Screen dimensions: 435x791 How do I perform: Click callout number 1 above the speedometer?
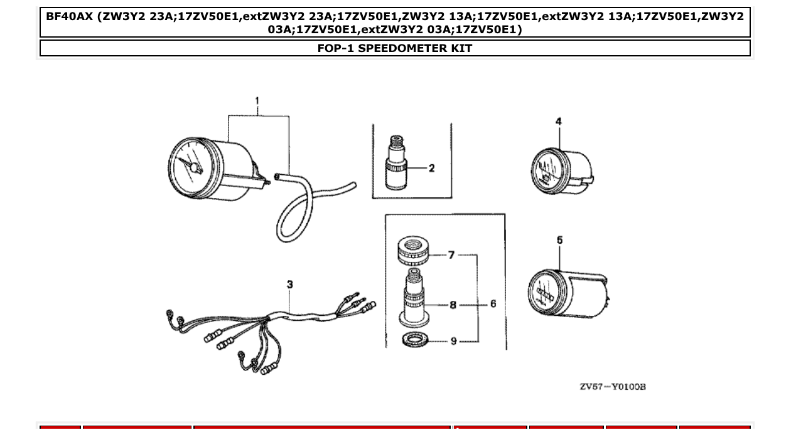pyautogui.click(x=257, y=101)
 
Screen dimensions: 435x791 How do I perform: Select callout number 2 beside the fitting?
pyautogui.click(x=432, y=168)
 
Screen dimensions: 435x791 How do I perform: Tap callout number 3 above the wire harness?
pyautogui.click(x=290, y=285)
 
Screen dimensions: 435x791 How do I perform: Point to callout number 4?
pyautogui.click(x=559, y=122)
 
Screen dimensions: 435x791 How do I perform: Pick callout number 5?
pyautogui.click(x=559, y=240)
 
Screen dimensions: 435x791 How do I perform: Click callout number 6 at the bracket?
pyautogui.click(x=493, y=304)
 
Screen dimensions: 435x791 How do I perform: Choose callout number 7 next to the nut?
pyautogui.click(x=451, y=255)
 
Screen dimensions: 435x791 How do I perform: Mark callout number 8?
pyautogui.click(x=453, y=305)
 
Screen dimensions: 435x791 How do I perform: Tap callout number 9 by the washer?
pyautogui.click(x=453, y=341)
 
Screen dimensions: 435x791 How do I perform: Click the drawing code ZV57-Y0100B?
pyautogui.click(x=612, y=387)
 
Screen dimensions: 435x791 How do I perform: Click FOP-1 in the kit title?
pyautogui.click(x=339, y=48)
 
